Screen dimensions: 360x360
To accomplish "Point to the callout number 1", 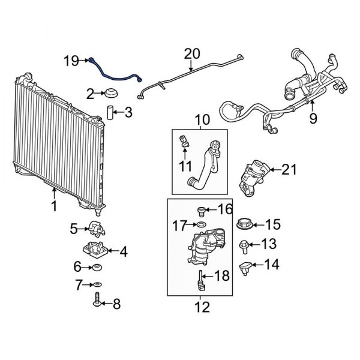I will coord(54,207).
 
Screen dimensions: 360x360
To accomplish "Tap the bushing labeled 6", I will coord(97,266).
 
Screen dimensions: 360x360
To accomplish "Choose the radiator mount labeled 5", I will coord(96,228).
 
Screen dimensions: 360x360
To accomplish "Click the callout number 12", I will coord(203,308).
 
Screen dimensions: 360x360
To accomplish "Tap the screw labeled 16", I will coord(202,210).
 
